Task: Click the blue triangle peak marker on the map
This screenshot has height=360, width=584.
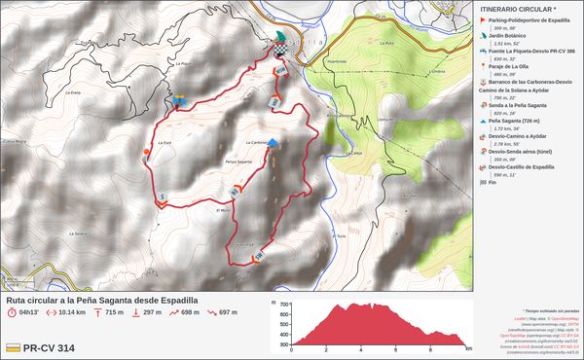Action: point(274,143)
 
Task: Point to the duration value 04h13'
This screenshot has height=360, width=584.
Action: point(27,312)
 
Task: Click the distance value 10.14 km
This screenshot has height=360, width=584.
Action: point(72,312)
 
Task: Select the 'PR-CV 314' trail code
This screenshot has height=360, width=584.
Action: point(50,347)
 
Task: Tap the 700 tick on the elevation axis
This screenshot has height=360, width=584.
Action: point(283,305)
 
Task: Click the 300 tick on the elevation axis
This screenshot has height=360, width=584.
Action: point(283,344)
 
